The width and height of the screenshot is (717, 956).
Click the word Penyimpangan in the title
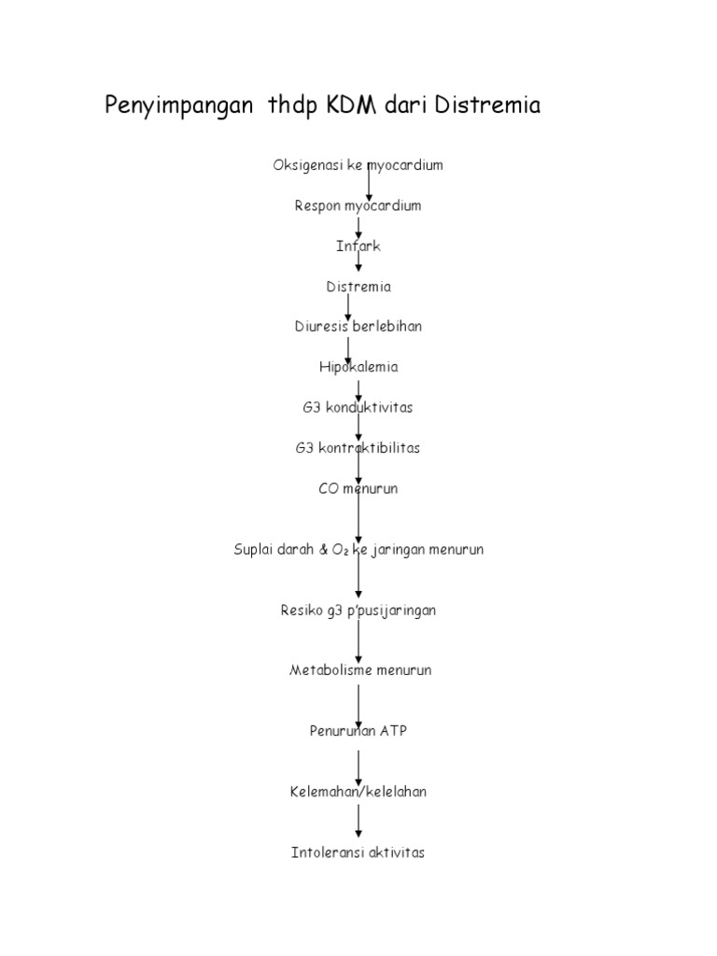click(x=178, y=106)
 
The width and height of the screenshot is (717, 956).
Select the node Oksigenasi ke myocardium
click(x=358, y=165)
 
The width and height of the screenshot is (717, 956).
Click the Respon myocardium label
click(x=358, y=206)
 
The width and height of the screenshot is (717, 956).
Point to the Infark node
click(x=358, y=246)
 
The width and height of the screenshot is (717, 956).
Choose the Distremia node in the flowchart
click(x=358, y=287)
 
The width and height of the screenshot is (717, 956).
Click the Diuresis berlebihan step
click(x=358, y=326)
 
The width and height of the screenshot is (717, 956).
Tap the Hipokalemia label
click(x=358, y=367)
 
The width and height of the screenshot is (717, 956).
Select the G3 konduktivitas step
click(x=358, y=407)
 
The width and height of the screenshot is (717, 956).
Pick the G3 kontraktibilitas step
click(x=358, y=448)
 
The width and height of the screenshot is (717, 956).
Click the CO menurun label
click(x=358, y=488)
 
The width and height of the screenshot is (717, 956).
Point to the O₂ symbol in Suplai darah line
click(x=340, y=550)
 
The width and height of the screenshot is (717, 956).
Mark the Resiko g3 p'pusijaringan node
click(x=358, y=611)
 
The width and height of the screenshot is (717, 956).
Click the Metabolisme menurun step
click(x=360, y=670)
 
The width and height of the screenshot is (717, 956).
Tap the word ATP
click(x=393, y=730)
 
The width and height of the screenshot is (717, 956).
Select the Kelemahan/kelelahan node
click(x=358, y=792)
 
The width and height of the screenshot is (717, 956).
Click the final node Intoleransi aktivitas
click(x=358, y=852)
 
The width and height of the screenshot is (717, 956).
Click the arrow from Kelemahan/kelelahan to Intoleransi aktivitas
click(x=358, y=821)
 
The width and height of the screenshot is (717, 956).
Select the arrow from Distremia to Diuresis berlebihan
click(x=348, y=307)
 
